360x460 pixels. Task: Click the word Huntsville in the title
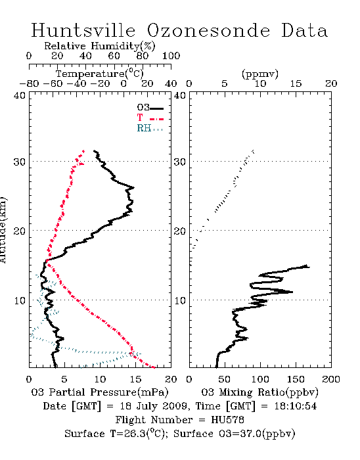pyautogui.click(x=83, y=30)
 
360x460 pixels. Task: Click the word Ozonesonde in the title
pyautogui.click(x=208, y=30)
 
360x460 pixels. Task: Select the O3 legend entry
pyautogui.click(x=150, y=108)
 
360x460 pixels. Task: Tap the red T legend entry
pyautogui.click(x=150, y=118)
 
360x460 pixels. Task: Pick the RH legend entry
pyautogui.click(x=150, y=128)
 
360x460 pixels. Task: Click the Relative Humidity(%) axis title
pyautogui.click(x=100, y=46)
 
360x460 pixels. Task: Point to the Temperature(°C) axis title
pyautogui.click(x=100, y=74)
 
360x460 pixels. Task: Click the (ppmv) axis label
pyautogui.click(x=260, y=74)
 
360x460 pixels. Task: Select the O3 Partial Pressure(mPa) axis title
pyautogui.click(x=100, y=392)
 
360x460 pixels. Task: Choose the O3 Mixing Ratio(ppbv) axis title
pyautogui.click(x=259, y=392)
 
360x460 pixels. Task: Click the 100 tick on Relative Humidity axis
pyautogui.click(x=171, y=56)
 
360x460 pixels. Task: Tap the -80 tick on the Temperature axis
pyautogui.click(x=29, y=83)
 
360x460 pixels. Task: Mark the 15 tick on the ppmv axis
pyautogui.click(x=296, y=83)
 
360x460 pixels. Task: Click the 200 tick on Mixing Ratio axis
pyautogui.click(x=331, y=379)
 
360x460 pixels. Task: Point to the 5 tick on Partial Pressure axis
pyautogui.click(x=64, y=379)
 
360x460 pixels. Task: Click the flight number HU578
pyautogui.click(x=227, y=420)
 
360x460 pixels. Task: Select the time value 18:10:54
pyautogui.click(x=296, y=406)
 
